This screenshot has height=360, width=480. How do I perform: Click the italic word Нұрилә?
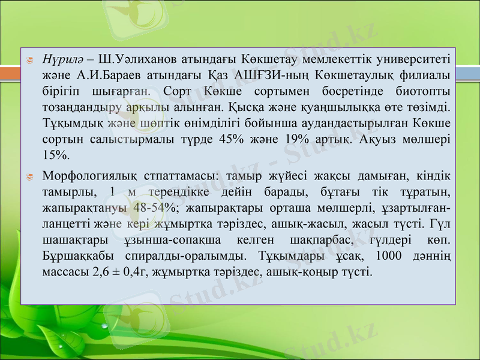coord(62,59)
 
